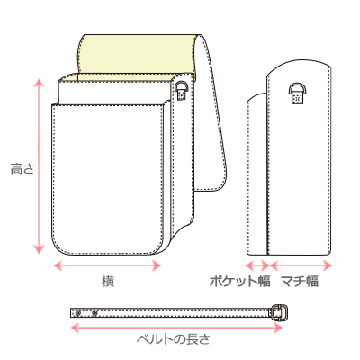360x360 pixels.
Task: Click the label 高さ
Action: [22, 169]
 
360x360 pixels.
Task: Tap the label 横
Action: [108, 282]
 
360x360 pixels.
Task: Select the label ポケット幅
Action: [239, 282]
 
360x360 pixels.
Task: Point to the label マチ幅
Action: [300, 282]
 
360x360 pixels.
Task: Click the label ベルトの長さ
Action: [174, 339]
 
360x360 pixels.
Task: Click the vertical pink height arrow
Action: [39, 166]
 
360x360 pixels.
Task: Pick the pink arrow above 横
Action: [107, 265]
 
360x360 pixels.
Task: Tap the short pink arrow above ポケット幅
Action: [257, 265]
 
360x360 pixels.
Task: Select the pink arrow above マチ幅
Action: [301, 265]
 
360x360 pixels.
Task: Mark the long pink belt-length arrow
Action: [176, 328]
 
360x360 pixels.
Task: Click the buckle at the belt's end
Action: [280, 312]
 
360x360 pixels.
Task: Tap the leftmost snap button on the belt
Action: [78, 313]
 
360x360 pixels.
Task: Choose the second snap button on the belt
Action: [94, 313]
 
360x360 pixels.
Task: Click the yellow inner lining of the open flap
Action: [137, 54]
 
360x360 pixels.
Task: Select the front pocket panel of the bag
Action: [108, 179]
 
